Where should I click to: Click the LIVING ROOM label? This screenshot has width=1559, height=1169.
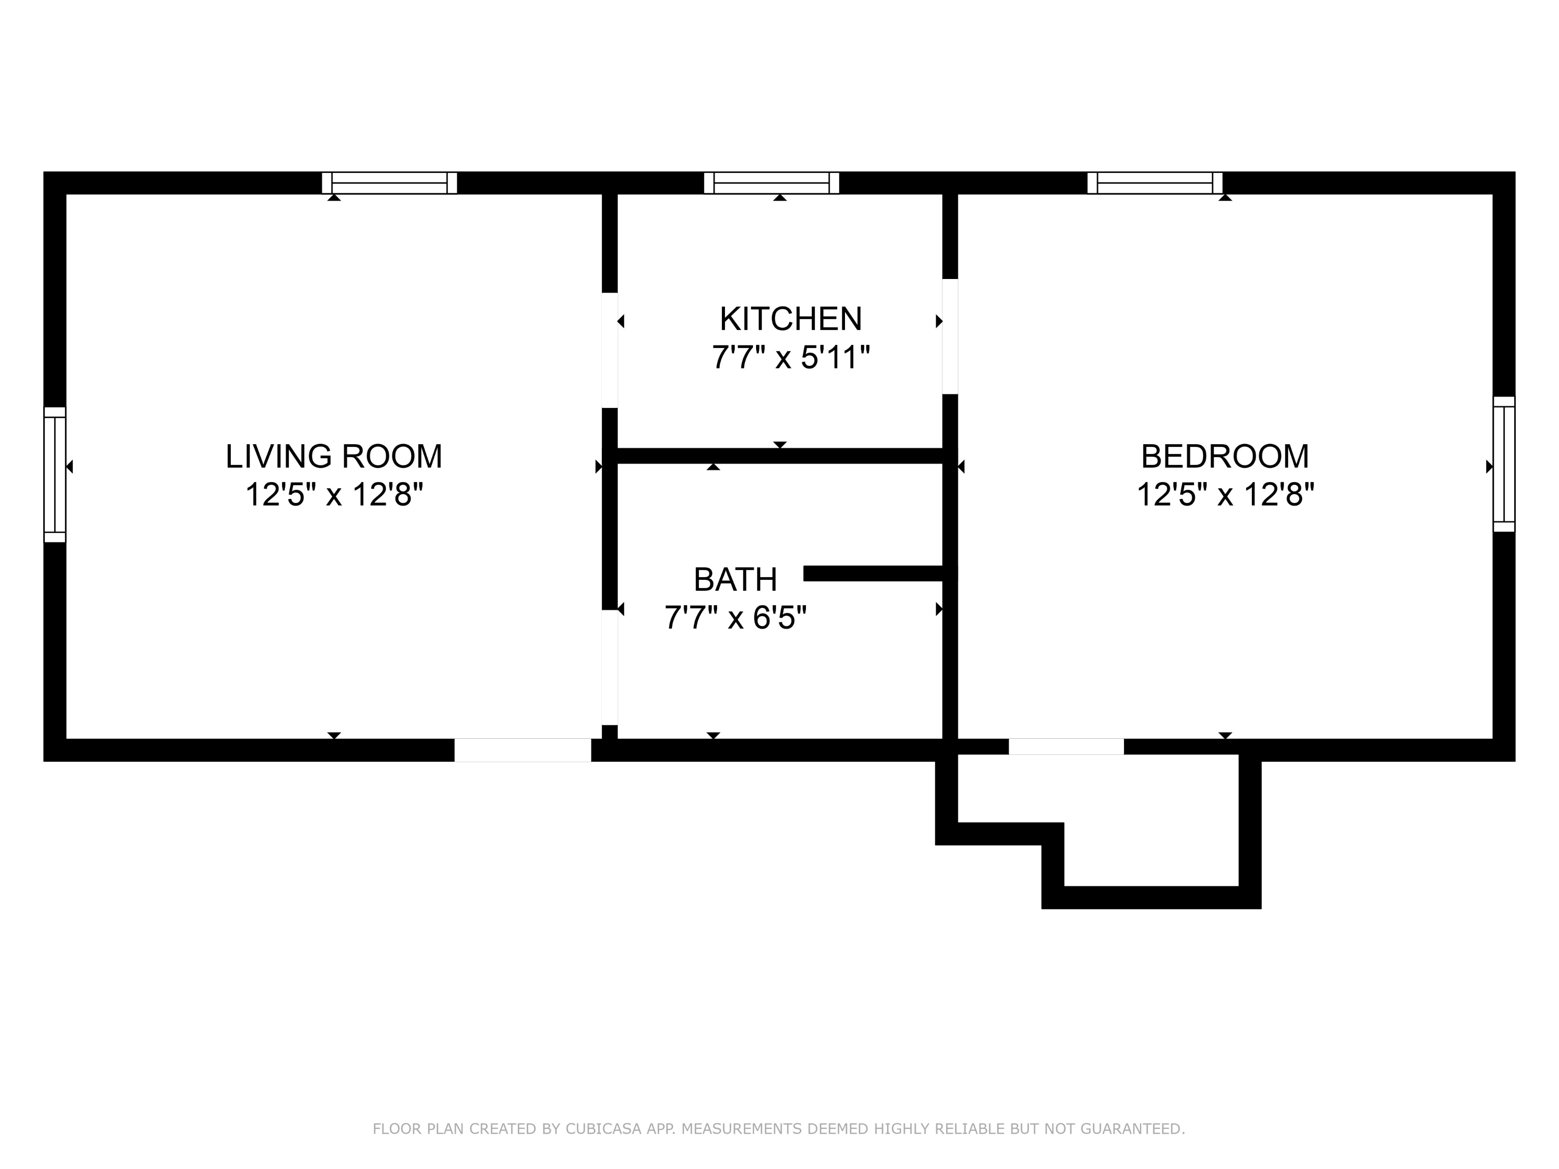334,457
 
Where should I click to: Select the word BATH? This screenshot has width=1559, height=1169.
735,580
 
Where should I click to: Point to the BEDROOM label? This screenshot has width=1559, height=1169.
1224,457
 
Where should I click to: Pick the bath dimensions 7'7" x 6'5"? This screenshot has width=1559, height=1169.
735,618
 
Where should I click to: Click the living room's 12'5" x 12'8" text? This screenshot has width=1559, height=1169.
334,495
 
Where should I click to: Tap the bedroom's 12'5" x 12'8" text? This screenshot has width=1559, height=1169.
1224,495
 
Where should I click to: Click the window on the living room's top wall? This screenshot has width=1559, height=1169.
389,183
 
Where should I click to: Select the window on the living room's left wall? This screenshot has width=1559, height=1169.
55,474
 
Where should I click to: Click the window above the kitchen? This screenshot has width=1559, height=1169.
771,183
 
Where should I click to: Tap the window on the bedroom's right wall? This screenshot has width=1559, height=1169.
1503,463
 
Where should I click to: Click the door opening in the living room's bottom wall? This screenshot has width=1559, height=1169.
522,750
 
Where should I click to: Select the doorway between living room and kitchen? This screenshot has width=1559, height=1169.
610,350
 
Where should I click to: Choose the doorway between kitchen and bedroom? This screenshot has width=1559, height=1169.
949,336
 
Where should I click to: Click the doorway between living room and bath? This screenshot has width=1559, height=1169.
610,667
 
